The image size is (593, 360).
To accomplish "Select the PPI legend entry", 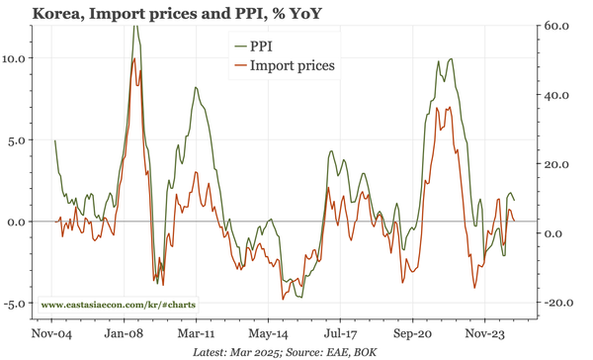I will point(263,46).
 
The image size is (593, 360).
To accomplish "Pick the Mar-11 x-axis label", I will point(197,334).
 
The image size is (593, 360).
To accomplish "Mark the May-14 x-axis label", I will point(268,334).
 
